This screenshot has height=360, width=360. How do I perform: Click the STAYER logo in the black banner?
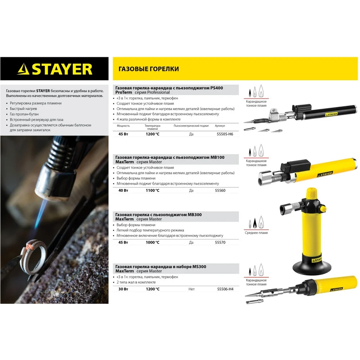pyautogui.click(x=55, y=69)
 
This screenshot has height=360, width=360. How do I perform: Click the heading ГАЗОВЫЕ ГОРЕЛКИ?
pyautogui.click(x=149, y=69)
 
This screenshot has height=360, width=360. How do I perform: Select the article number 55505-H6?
pyautogui.click(x=225, y=134)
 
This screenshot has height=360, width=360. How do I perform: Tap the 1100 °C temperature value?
pyautogui.click(x=152, y=190)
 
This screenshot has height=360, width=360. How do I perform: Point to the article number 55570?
pyautogui.click(x=220, y=242)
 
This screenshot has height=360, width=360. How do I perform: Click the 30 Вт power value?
pyautogui.click(x=123, y=289)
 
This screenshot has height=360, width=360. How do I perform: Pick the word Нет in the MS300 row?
pyautogui.click(x=192, y=289)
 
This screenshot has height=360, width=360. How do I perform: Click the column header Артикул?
pyautogui.click(x=220, y=126)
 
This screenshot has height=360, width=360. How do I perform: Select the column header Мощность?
pyautogui.click(x=123, y=126)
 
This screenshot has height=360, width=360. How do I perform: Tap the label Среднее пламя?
pyautogui.click(x=256, y=233)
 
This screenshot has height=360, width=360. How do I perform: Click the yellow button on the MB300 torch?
pyautogui.click(x=323, y=209)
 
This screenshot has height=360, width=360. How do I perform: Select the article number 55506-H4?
pyautogui.click(x=225, y=289)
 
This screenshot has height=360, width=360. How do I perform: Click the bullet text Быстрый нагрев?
pyautogui.click(x=23, y=109)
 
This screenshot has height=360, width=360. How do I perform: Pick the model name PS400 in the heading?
pyautogui.click(x=216, y=88)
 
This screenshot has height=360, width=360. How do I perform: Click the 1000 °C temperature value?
pyautogui.click(x=152, y=242)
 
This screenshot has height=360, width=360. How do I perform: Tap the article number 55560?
pyautogui.click(x=220, y=190)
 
